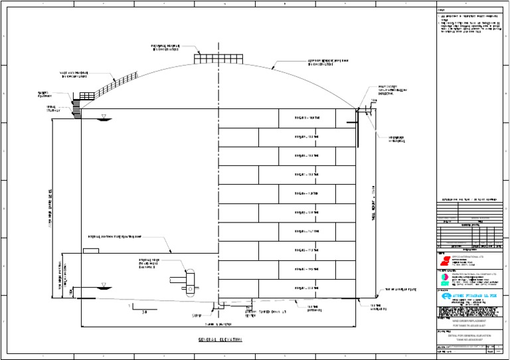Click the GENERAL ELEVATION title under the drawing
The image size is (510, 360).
(x=219, y=339)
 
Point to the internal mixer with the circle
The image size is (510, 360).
(x=189, y=278)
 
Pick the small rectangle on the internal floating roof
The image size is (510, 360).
(x=90, y=250)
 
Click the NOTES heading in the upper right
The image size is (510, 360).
(x=442, y=9)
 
